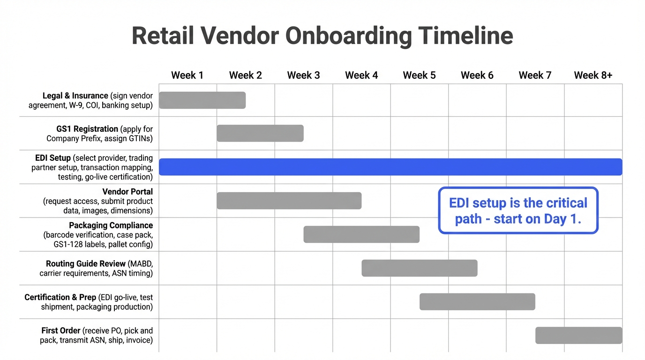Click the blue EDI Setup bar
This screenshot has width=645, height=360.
click(390, 167)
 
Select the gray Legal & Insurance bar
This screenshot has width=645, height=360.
click(202, 100)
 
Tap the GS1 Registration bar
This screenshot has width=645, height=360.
click(260, 133)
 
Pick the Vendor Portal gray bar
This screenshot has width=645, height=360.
click(289, 201)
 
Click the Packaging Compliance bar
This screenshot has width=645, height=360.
click(361, 234)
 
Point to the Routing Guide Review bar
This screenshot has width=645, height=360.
click(420, 268)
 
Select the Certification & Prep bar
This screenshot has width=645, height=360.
click(477, 302)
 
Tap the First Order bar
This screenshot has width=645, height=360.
click(579, 336)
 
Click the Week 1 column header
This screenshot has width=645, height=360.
click(187, 75)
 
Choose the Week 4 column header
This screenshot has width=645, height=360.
click(361, 75)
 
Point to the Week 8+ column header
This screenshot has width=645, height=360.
click(593, 75)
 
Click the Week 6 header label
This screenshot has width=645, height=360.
click(477, 75)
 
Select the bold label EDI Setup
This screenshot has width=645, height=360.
click(53, 158)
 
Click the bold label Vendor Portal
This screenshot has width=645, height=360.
click(127, 192)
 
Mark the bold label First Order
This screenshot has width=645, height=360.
click(61, 331)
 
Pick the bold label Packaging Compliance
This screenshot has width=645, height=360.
click(111, 225)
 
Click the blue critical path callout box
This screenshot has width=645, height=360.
click(518, 210)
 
